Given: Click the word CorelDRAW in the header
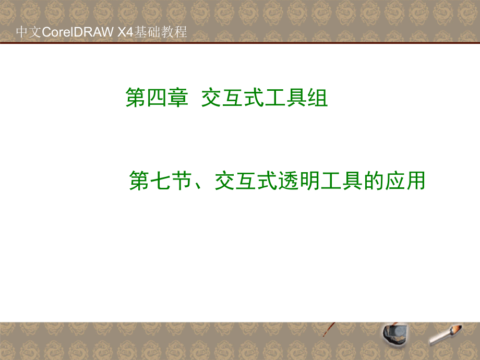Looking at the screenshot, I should (x=75, y=32).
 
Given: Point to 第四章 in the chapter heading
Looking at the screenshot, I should (x=157, y=98).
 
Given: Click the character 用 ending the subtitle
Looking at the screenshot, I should (x=416, y=182).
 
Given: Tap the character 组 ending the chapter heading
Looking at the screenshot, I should (x=318, y=98).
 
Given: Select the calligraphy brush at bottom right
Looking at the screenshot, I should (x=446, y=334).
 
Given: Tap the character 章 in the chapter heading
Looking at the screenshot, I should (x=177, y=98).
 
